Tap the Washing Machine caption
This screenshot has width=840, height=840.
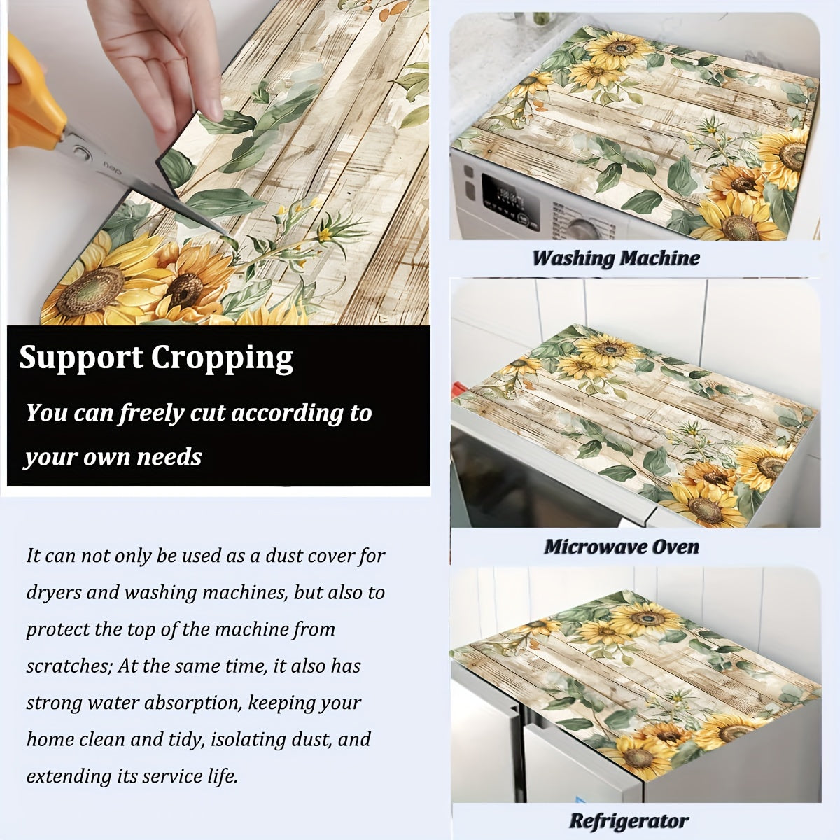tap(616, 258)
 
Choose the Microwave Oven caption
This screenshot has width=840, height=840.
tap(622, 547)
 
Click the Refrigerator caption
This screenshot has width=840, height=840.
tap(629, 821)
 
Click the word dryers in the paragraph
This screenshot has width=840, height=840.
tap(53, 593)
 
